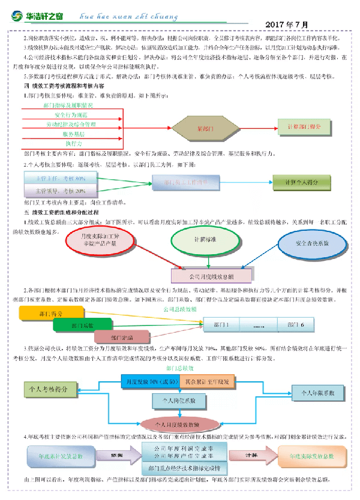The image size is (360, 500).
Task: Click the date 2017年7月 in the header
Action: (286, 25)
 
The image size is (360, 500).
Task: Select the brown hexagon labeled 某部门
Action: (205, 128)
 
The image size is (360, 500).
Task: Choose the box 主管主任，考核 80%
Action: (54, 178)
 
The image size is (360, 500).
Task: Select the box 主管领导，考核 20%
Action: (54, 191)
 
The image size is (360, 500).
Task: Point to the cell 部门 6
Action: (298, 324)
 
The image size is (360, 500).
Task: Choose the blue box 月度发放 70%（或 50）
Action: (150, 381)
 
